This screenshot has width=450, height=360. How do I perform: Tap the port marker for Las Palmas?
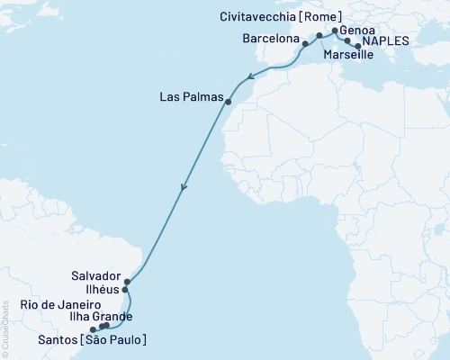[229, 102]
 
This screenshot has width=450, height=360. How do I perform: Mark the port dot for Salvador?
[127, 282]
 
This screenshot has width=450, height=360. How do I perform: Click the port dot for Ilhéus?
[125, 290]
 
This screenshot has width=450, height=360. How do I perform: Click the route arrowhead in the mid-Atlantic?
[183, 188]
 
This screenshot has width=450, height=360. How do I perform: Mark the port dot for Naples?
[359, 45]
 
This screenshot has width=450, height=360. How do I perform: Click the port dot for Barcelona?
[306, 42]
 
